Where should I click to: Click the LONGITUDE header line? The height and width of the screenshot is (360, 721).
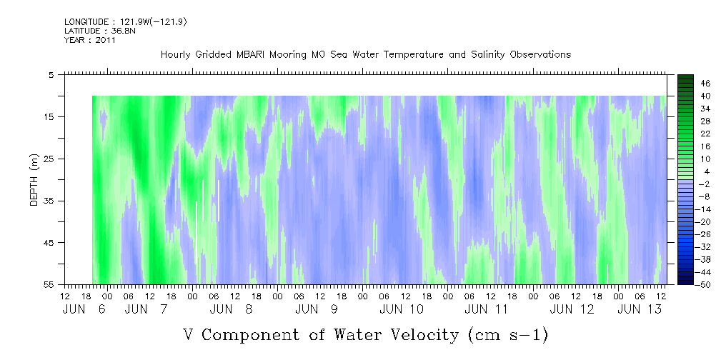click(126, 21)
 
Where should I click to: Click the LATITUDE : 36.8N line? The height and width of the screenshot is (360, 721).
click(100, 31)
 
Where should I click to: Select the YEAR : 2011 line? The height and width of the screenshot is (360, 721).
click(90, 40)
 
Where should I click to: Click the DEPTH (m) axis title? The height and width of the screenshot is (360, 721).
click(34, 180)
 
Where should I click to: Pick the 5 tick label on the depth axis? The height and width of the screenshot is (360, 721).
click(51, 75)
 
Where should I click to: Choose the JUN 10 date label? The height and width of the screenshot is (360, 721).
click(402, 309)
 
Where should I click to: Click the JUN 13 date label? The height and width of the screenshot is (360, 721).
click(640, 309)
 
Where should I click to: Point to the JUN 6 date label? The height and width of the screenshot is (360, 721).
click(84, 309)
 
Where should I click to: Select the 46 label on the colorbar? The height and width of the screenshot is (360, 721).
click(705, 84)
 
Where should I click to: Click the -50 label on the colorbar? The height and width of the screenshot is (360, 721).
click(704, 285)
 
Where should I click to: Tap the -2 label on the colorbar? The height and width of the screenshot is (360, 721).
click(704, 184)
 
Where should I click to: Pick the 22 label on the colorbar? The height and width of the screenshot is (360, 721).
click(705, 134)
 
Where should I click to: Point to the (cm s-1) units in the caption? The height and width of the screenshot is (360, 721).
click(508, 335)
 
